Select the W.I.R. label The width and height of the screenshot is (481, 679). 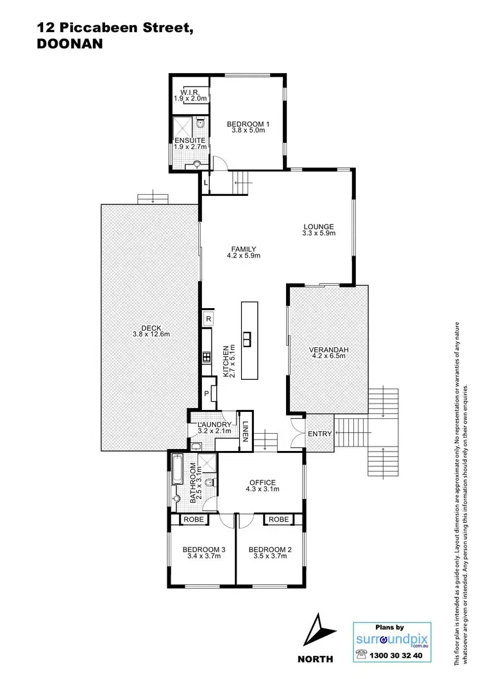189,92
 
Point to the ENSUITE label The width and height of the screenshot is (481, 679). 189,140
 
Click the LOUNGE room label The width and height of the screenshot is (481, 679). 319,226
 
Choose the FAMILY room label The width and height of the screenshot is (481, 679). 243,249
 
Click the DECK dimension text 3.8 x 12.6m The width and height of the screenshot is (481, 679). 151,334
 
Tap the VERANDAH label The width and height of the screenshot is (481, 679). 328,349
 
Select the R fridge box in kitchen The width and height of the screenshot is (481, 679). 208,318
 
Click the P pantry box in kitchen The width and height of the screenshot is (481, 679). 207,394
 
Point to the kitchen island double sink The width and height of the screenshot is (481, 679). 247,338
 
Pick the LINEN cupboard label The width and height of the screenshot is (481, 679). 245,430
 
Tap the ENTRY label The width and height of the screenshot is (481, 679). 319,434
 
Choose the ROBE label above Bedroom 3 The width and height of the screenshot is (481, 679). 194,519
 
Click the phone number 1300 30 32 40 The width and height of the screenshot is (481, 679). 396,655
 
